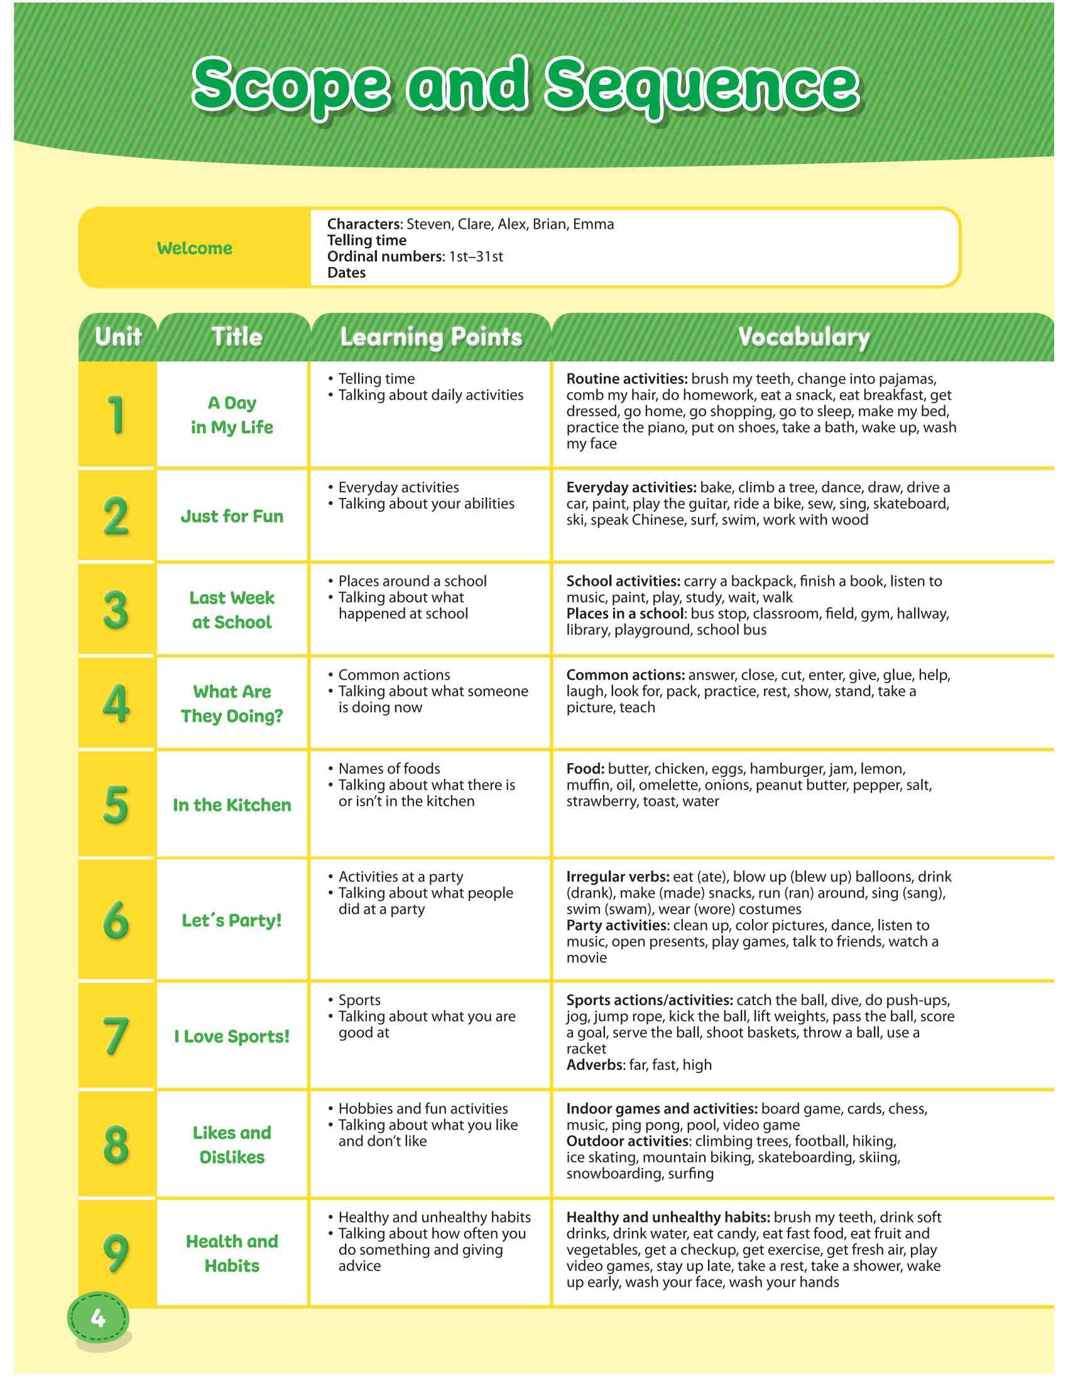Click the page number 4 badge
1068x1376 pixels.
click(x=97, y=1318)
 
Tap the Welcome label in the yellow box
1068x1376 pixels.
click(x=195, y=248)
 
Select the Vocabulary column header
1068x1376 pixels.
click(x=804, y=336)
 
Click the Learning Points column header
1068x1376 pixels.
click(x=432, y=336)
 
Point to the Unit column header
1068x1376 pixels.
click(x=117, y=336)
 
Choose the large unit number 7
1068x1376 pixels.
click(x=116, y=1036)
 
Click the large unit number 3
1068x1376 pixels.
click(x=116, y=610)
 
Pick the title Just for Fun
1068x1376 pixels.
click(x=232, y=516)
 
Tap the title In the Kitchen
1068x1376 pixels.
click(x=232, y=805)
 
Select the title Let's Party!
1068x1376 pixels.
click(x=232, y=920)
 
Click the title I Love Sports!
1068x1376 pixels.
click(x=232, y=1037)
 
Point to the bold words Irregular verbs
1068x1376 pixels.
click(x=617, y=876)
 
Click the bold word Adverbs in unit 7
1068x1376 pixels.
click(x=595, y=1065)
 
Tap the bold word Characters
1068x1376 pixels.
click(x=364, y=224)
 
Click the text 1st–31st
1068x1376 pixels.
click(x=476, y=256)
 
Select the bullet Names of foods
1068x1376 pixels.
click(x=388, y=769)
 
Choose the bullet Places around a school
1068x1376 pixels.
click(x=412, y=581)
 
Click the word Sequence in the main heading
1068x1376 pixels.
click(x=702, y=85)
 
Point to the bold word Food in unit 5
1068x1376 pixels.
click(x=584, y=769)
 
